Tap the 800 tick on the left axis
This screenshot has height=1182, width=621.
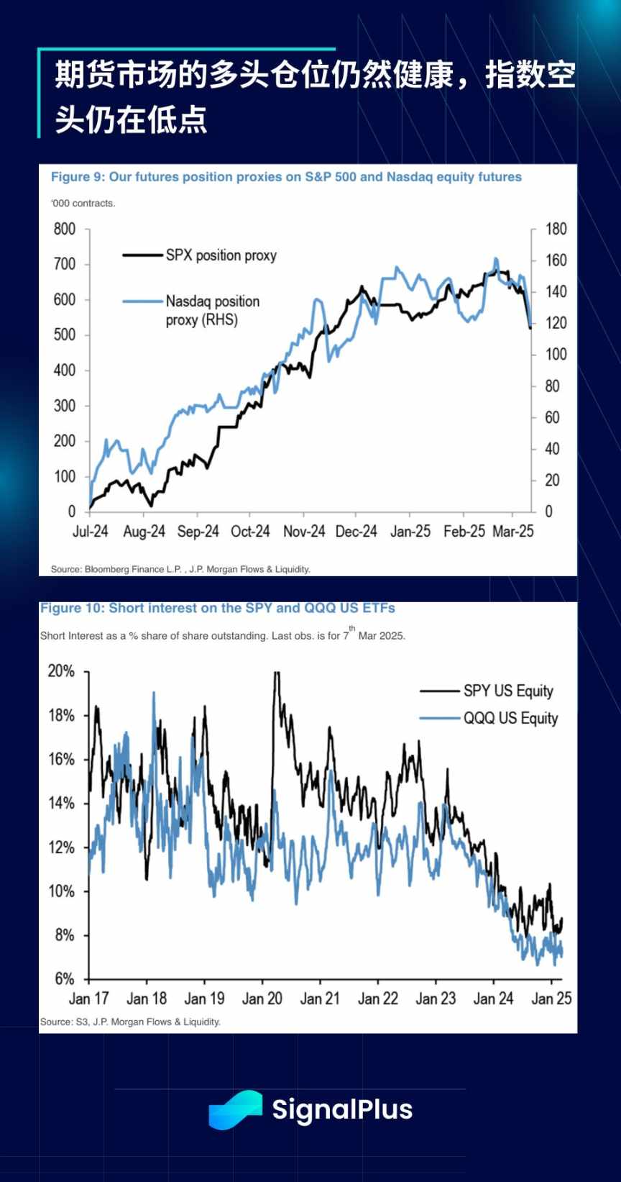tap(65, 229)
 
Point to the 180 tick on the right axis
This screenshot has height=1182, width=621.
tap(556, 229)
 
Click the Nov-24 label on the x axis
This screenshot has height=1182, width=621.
tap(304, 532)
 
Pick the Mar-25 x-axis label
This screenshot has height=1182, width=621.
tap(513, 532)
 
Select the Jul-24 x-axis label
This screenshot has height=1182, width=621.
tap(91, 532)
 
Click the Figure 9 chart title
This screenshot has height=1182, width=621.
tap(286, 177)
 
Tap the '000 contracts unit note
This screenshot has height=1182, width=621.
tap(83, 204)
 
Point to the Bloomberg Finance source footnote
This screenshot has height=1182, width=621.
tap(180, 569)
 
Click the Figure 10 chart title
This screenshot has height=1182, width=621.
tap(218, 608)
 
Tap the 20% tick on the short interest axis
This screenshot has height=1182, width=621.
tap(61, 671)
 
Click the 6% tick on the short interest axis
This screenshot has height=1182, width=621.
tap(64, 979)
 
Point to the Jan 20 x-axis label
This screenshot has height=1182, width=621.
tap(262, 999)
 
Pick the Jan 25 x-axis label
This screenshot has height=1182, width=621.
tap(551, 999)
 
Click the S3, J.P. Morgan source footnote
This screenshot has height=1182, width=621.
tap(130, 1022)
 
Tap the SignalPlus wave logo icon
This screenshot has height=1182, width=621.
tap(236, 1110)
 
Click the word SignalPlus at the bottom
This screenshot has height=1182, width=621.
tap(342, 1110)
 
